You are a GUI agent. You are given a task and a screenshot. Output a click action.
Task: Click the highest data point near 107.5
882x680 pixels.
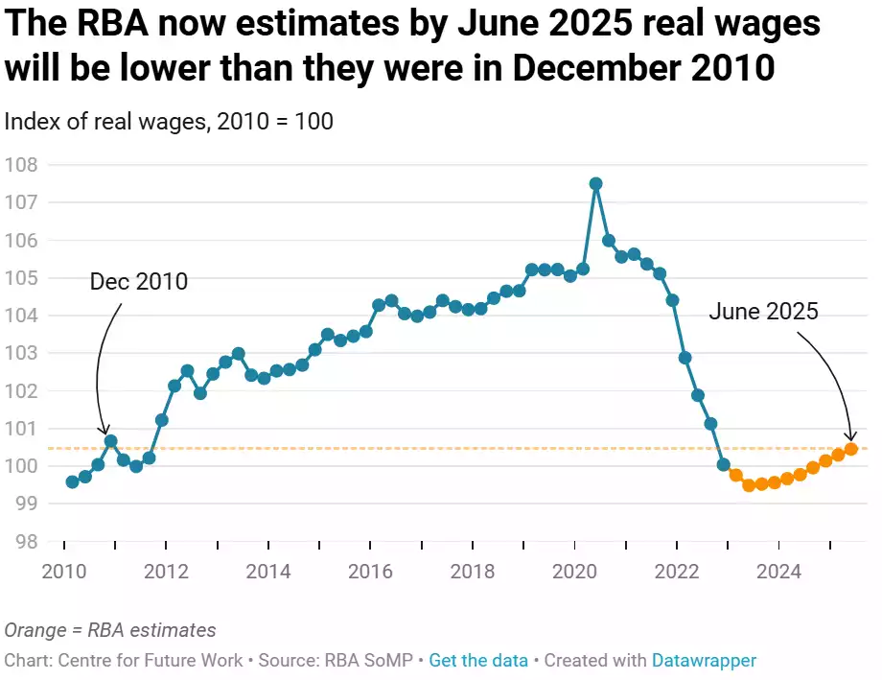(x=595, y=183)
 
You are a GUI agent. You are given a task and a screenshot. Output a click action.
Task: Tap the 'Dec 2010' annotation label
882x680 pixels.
(x=139, y=282)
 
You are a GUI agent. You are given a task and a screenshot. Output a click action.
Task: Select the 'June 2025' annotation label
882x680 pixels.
(x=763, y=311)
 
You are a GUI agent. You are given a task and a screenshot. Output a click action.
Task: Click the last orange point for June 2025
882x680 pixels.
(x=850, y=449)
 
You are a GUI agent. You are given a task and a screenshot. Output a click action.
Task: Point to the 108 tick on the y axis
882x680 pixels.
(x=21, y=165)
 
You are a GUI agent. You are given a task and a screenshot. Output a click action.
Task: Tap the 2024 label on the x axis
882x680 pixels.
(x=779, y=573)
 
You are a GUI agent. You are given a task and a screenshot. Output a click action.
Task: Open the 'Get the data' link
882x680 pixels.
(x=478, y=660)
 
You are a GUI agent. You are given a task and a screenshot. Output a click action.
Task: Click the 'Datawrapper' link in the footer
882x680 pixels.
(x=704, y=660)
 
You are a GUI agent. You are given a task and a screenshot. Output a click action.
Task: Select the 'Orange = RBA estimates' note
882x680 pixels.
(x=110, y=630)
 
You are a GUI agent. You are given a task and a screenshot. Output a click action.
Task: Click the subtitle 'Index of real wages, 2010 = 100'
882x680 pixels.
(x=169, y=122)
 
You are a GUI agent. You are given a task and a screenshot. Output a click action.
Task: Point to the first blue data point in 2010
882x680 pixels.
(x=72, y=481)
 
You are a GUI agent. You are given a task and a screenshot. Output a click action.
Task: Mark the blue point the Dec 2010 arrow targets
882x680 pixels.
(x=110, y=441)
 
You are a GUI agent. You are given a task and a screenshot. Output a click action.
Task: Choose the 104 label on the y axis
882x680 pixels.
(x=21, y=316)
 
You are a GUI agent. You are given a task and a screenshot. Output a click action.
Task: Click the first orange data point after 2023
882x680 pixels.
(x=736, y=475)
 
